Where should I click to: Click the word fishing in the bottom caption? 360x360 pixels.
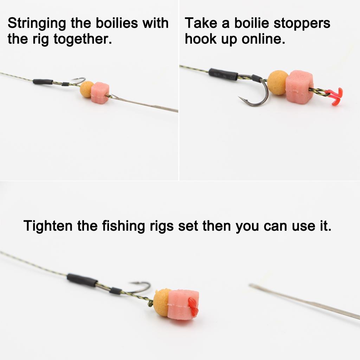coord(122,226)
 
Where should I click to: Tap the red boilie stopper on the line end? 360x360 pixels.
coord(334,95)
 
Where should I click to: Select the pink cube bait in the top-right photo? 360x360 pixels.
coord(299,86)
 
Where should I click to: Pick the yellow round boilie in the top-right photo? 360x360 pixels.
coord(278,82)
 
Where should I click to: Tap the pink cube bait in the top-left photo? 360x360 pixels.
coord(100,92)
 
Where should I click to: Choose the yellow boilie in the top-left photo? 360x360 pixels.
coord(86,89)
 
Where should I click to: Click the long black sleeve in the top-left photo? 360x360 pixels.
coord(43,82)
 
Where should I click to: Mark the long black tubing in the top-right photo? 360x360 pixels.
coord(223,74)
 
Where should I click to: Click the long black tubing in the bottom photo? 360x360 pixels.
coord(82,280)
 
